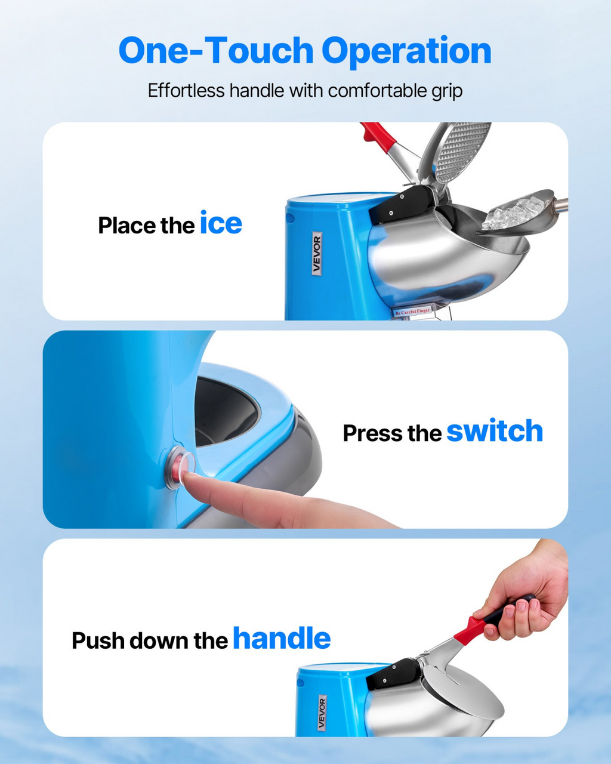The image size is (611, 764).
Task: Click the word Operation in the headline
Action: [x=406, y=51]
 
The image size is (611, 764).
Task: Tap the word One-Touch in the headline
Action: [x=215, y=50]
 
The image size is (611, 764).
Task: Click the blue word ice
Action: [x=221, y=222]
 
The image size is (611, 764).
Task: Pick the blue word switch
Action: [x=495, y=431]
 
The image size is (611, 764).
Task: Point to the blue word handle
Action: [x=282, y=638]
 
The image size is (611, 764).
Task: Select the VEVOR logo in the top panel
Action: [x=317, y=253]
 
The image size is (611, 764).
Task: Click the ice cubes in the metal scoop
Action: [x=515, y=212]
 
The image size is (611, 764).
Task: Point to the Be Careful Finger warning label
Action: [x=412, y=312]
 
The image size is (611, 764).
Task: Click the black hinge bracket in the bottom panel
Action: [x=392, y=673]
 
